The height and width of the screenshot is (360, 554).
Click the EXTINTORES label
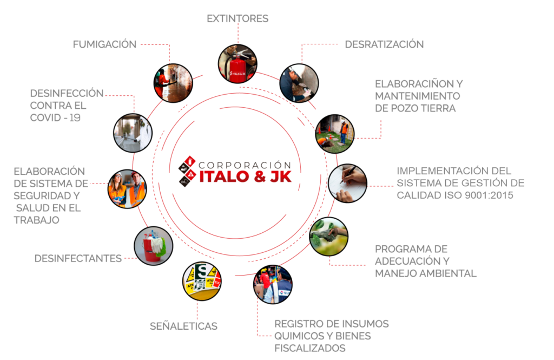238,18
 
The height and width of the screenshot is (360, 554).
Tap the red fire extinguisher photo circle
238,64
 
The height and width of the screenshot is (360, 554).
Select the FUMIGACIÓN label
104,44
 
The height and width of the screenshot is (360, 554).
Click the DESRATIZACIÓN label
384,44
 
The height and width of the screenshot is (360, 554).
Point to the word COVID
45,118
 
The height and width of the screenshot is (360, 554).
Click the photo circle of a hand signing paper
347,183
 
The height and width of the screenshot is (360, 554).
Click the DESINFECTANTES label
78,259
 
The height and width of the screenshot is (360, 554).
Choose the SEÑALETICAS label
183,326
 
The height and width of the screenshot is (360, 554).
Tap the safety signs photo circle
202,282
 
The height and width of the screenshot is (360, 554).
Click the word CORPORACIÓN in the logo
245,165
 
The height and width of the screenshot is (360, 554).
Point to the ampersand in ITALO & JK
260,176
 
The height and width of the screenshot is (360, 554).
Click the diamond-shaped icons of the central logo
187,171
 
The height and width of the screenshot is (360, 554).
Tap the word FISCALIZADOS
310,348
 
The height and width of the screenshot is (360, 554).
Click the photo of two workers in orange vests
127,189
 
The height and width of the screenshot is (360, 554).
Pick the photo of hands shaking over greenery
328,237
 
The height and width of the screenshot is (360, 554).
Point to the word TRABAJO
36,220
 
